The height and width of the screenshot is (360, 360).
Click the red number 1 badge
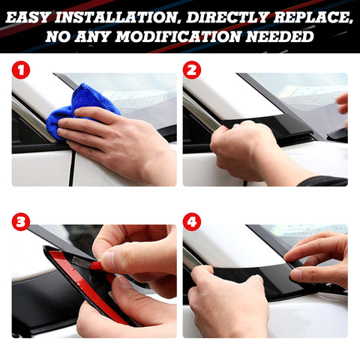(21, 71)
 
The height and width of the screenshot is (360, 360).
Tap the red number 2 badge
(192, 71)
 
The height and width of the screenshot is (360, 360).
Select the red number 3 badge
(21, 222)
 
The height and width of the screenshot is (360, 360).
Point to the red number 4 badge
(192, 222)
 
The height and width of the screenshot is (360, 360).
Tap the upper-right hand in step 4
(319, 255)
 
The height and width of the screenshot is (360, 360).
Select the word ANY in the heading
(97, 36)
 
